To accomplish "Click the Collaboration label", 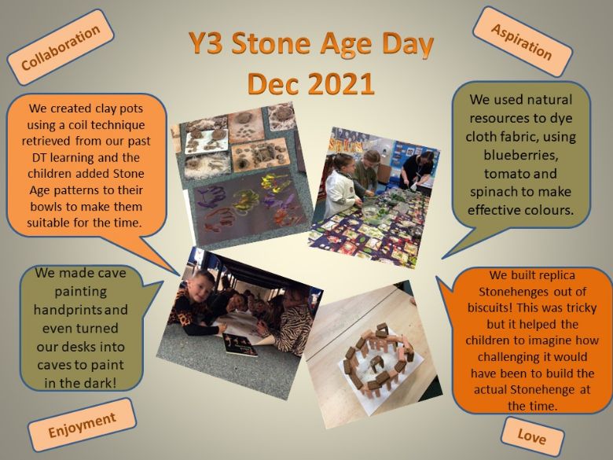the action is click(61, 47).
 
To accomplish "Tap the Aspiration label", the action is click(522, 42).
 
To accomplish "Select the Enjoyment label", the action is click(82, 425).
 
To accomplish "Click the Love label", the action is click(532, 436).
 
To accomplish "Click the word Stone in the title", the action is click(270, 43).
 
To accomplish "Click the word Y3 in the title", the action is click(206, 43).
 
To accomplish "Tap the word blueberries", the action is click(521, 155).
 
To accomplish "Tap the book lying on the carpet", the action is click(240, 344).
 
